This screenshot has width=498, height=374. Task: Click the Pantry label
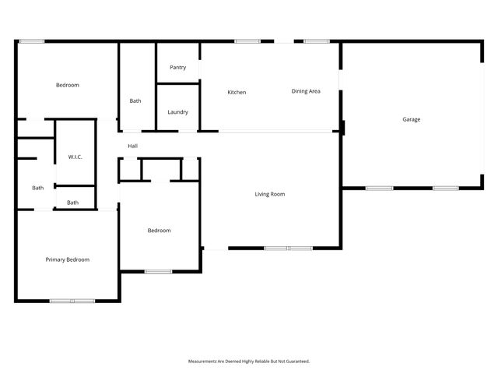click(177, 68)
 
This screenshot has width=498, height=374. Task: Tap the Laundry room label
click(177, 112)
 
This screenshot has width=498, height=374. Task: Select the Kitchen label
click(237, 93)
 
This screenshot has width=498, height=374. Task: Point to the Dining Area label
click(306, 92)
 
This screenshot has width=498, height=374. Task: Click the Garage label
click(412, 119)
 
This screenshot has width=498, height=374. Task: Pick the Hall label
click(133, 146)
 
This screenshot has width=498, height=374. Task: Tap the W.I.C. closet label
click(75, 157)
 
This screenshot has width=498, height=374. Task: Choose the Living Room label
click(270, 194)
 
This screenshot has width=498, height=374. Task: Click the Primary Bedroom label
click(67, 259)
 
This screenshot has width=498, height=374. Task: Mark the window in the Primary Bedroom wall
click(72, 301)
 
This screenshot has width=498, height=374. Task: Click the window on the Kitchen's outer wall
click(247, 41)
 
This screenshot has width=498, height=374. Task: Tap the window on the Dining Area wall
click(315, 41)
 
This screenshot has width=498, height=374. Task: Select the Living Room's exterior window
click(288, 249)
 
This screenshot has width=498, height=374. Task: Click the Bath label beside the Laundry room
click(135, 101)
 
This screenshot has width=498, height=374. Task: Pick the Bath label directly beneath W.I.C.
click(72, 203)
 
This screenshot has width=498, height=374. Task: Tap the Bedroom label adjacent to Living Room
click(160, 231)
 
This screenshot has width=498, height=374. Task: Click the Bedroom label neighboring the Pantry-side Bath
click(68, 85)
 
